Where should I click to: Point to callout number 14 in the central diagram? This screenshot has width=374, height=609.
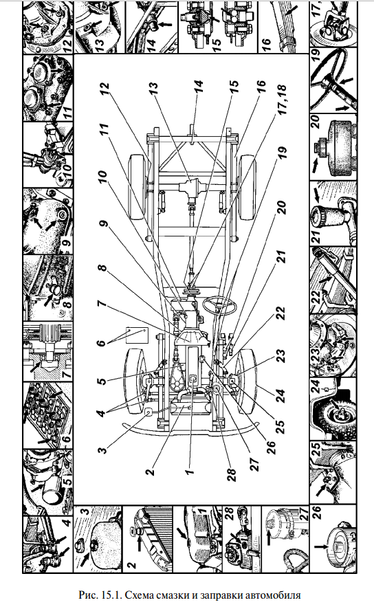tap(198, 89)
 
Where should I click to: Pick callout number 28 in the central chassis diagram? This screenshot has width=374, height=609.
tap(232, 472)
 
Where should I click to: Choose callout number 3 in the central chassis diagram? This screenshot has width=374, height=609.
tap(102, 450)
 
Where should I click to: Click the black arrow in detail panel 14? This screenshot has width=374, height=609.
tap(165, 25)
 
